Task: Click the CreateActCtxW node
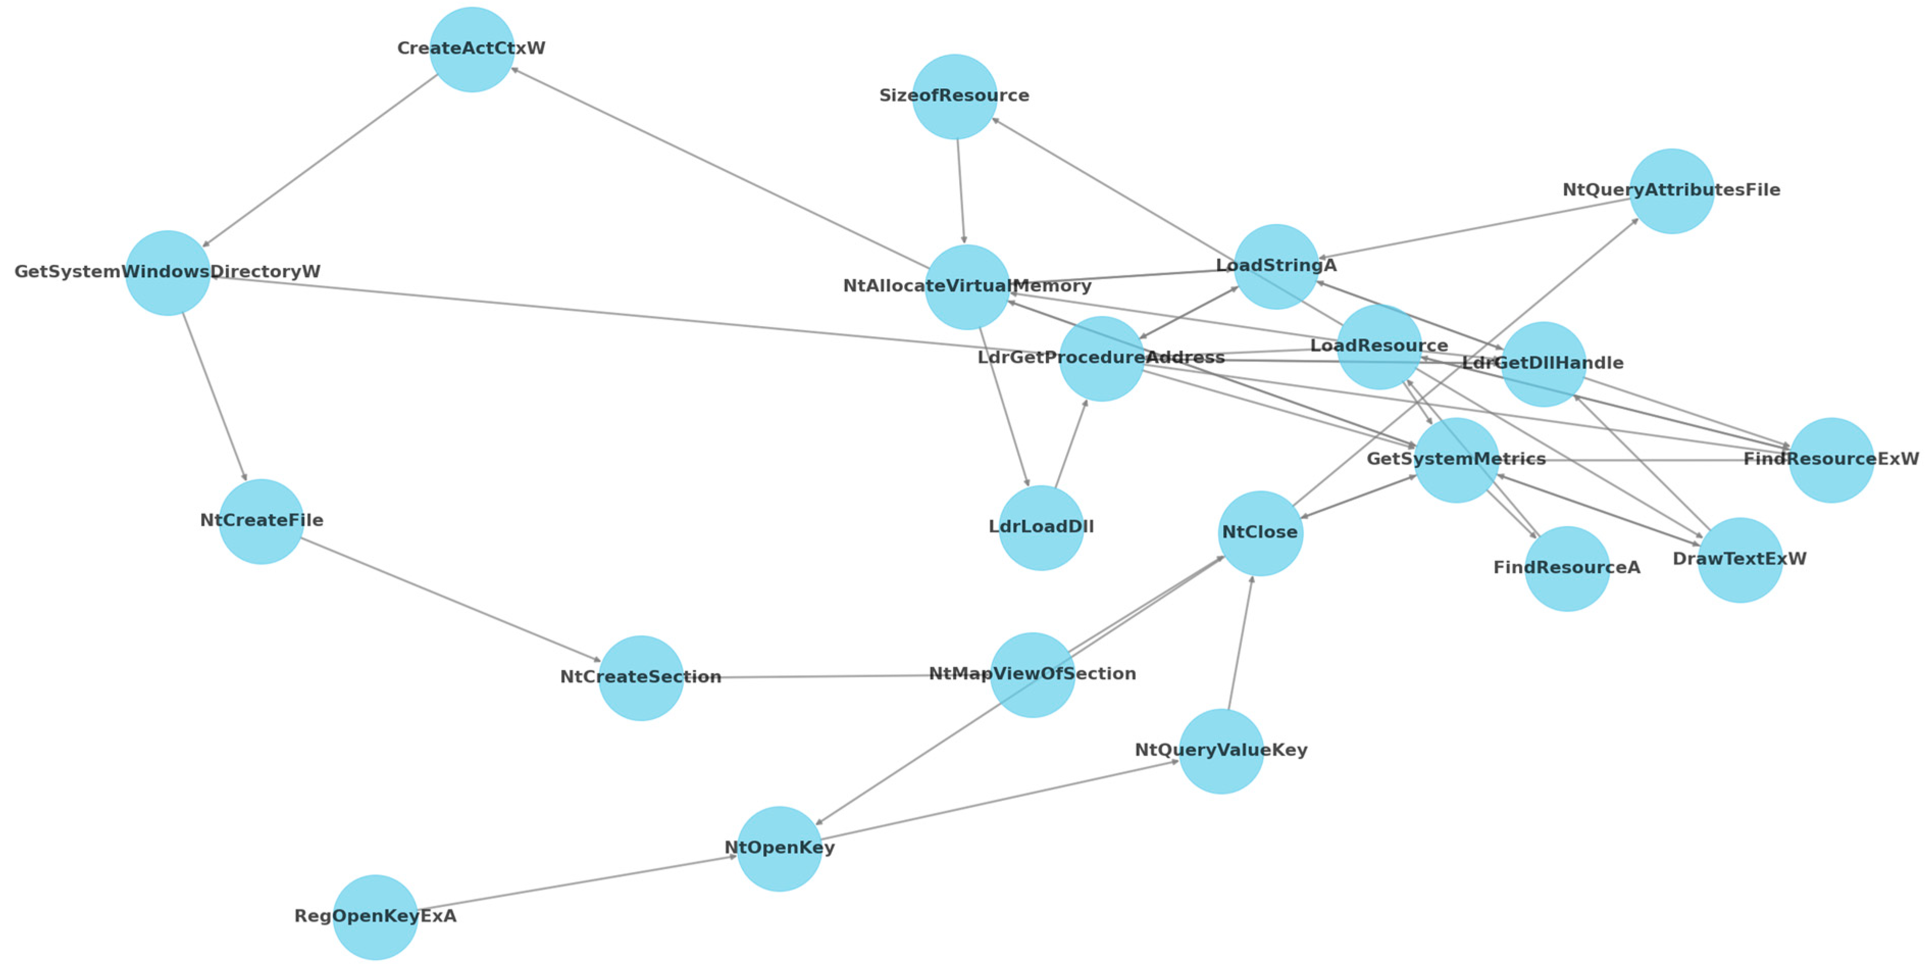pos(471,49)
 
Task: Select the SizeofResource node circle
pos(955,96)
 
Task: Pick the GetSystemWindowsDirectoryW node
pos(168,272)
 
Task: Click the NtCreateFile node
pos(261,521)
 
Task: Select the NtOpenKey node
pos(780,848)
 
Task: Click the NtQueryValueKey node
pos(1221,751)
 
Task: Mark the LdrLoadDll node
pos(1041,528)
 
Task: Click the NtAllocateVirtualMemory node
pos(967,287)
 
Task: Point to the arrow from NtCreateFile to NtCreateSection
pos(450,599)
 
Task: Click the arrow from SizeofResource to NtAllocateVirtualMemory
pos(961,191)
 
